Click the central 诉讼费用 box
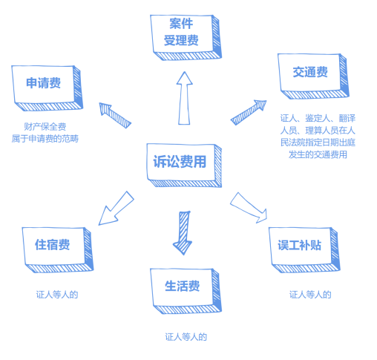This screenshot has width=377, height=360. [x=184, y=165]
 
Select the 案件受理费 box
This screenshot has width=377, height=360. [x=186, y=37]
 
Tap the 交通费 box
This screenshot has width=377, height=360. [x=313, y=76]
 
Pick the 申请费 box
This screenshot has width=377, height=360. [x=47, y=88]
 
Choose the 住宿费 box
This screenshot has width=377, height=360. [x=58, y=250]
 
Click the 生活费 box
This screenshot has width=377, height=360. [x=186, y=291]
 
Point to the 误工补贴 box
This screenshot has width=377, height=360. [x=304, y=250]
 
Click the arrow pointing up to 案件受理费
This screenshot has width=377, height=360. [x=184, y=98]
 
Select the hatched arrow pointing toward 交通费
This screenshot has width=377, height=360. [x=249, y=113]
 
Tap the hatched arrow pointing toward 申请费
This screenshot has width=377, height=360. [x=115, y=115]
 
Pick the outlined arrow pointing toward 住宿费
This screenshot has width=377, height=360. [x=117, y=208]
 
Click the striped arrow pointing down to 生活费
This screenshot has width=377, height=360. [x=183, y=233]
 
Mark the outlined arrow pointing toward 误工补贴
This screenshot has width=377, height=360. [x=249, y=208]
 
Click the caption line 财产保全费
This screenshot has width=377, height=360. [x=45, y=127]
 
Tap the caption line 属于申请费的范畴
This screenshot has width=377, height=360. [x=45, y=139]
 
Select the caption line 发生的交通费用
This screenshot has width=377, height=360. [x=318, y=154]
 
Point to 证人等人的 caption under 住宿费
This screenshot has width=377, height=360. [x=57, y=295]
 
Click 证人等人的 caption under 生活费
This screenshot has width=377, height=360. [x=186, y=337]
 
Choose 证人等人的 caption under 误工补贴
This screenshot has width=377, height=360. [x=310, y=295]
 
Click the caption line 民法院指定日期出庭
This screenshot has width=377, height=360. [x=318, y=143]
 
